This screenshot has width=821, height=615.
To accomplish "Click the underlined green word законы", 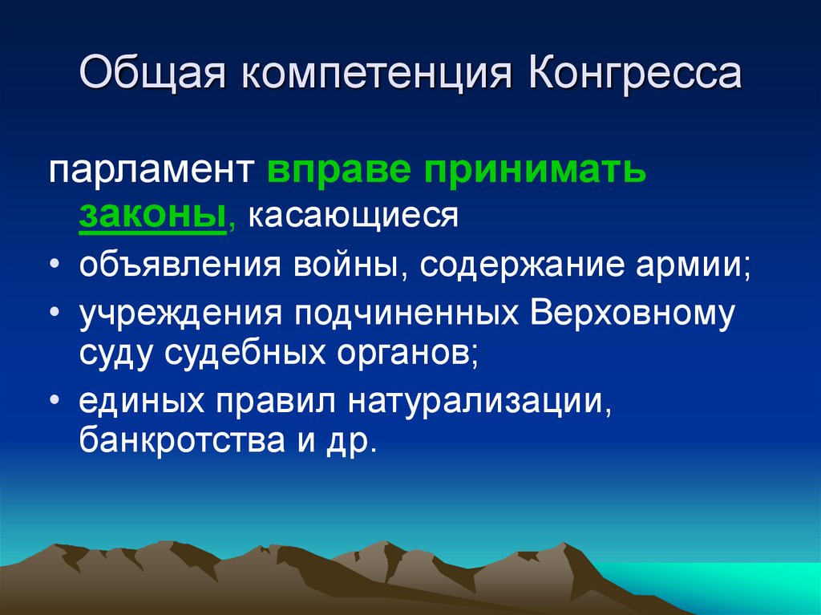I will click(x=152, y=216).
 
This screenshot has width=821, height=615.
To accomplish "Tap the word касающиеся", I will click(x=352, y=216).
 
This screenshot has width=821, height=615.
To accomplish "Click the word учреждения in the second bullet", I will click(x=179, y=314).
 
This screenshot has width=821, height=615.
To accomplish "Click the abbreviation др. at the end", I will click(x=354, y=443).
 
